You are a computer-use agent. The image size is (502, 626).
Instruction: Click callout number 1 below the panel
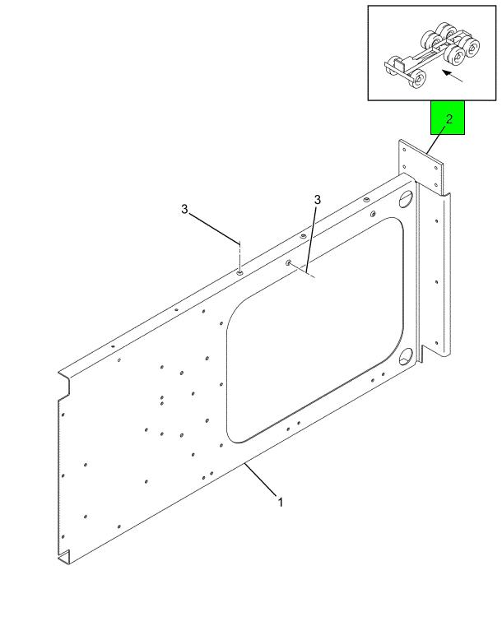[280, 502]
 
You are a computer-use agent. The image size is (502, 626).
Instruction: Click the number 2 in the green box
[449, 119]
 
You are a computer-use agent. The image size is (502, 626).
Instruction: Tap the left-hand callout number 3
[185, 209]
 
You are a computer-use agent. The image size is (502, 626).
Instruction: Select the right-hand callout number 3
[317, 200]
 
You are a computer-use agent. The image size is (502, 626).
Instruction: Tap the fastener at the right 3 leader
[290, 263]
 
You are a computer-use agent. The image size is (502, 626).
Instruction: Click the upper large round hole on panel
[405, 201]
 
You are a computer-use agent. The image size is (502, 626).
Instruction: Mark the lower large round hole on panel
[406, 360]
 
